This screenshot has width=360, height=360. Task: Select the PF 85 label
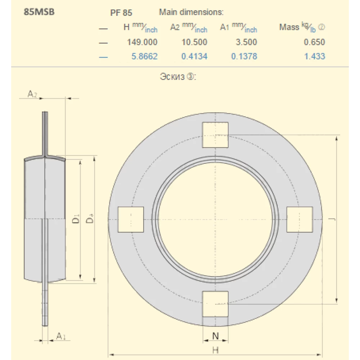click(x=121, y=13)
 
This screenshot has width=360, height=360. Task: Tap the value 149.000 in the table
click(x=142, y=42)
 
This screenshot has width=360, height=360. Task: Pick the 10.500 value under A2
click(x=194, y=42)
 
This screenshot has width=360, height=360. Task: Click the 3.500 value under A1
click(x=246, y=42)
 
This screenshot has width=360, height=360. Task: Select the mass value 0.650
click(x=314, y=42)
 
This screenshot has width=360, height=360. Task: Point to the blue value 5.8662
click(x=144, y=56)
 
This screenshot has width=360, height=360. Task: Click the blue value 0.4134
click(x=194, y=56)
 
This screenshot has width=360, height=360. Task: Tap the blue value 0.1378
click(x=244, y=56)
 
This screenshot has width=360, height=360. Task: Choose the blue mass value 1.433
click(x=314, y=56)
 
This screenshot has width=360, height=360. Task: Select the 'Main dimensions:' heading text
click(x=191, y=12)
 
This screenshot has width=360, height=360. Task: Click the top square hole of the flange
click(x=215, y=135)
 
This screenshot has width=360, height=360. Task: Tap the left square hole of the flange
click(x=131, y=219)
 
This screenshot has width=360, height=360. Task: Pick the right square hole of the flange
click(x=300, y=219)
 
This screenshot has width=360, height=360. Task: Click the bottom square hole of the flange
click(x=215, y=304)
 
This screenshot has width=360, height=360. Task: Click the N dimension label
click(x=215, y=336)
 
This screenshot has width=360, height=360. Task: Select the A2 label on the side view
click(x=32, y=94)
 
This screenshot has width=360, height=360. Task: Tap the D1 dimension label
click(x=76, y=219)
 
